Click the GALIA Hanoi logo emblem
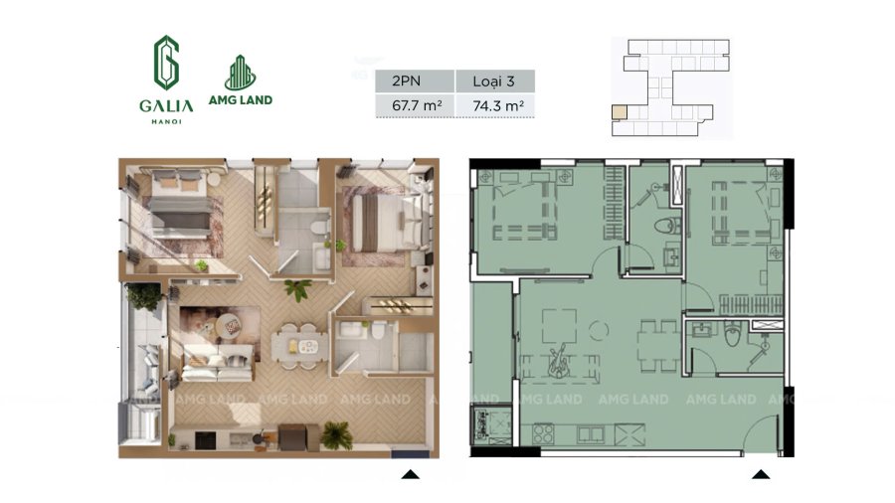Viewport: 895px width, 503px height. (x=166, y=63)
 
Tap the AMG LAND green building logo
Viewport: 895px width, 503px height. (x=241, y=73)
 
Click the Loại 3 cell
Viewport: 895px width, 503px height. (x=495, y=81)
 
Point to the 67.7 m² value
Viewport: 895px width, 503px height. (x=417, y=105)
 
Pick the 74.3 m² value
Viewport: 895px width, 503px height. (x=498, y=105)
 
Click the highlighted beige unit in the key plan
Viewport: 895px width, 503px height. (x=620, y=111)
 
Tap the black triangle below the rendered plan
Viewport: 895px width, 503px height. (x=411, y=474)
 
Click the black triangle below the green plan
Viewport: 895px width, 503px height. (x=761, y=474)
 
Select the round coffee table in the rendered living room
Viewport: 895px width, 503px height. (x=230, y=326)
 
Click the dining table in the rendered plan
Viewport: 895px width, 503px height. (x=300, y=347)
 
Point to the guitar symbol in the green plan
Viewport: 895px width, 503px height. (x=558, y=360)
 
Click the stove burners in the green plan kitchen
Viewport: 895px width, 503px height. (x=543, y=434)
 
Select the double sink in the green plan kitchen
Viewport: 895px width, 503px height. (x=590, y=434)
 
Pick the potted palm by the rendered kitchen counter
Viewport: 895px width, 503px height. (x=337, y=434)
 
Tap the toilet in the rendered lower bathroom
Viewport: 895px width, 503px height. (x=379, y=331)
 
